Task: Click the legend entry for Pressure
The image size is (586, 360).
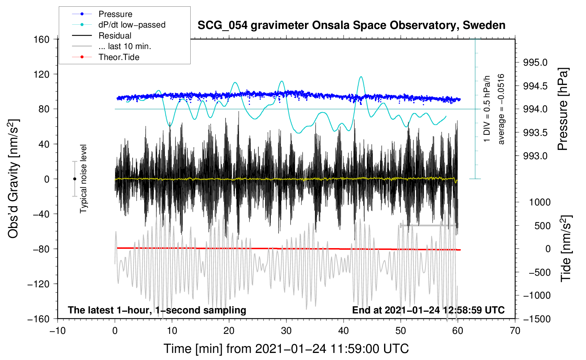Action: (115, 14)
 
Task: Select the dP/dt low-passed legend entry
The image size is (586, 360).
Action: (132, 25)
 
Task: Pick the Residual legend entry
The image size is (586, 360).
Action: (115, 36)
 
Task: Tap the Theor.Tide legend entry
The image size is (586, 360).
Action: (119, 57)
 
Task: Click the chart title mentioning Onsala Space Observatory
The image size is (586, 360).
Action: (351, 25)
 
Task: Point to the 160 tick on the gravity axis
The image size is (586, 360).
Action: (41, 39)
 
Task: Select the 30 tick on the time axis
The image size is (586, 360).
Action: (286, 331)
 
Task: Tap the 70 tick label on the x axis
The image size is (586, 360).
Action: (515, 331)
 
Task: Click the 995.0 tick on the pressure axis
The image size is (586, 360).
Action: (535, 62)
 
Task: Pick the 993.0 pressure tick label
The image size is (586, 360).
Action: (535, 156)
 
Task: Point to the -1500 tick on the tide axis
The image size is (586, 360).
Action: (537, 319)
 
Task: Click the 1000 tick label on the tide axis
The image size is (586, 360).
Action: (540, 202)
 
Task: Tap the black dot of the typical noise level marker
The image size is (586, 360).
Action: (74, 179)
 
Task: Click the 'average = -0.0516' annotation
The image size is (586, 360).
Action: (501, 109)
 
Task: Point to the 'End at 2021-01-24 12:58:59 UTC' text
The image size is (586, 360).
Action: (428, 310)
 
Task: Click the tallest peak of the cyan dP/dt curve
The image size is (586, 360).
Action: (360, 77)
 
